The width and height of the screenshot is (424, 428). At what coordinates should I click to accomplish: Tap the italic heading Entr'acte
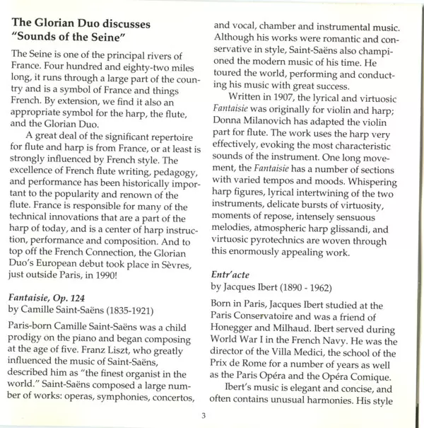click(235, 272)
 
